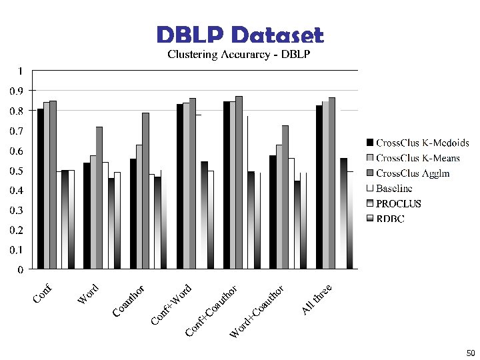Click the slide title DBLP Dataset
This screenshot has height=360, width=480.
(240, 35)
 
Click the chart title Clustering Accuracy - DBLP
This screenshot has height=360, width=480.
(239, 54)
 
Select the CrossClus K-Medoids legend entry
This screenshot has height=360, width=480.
(422, 143)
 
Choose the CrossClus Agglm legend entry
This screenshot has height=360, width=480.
(413, 173)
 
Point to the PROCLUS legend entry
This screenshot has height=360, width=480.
(399, 204)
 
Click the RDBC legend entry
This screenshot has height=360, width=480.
(390, 219)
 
